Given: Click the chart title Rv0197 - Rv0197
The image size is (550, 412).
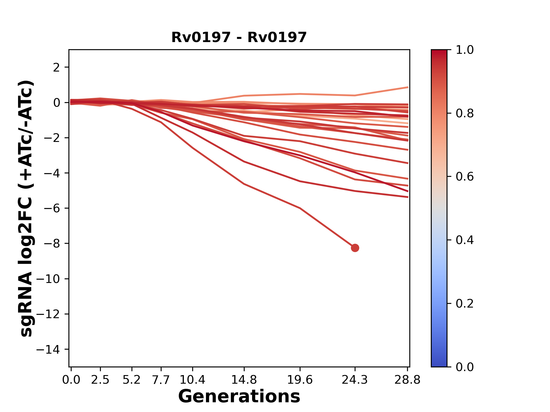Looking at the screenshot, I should [239, 37].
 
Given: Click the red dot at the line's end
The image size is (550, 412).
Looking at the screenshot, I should [355, 248].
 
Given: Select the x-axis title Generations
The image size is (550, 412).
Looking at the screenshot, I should [239, 397].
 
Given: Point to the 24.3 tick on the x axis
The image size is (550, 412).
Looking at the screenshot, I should [355, 380].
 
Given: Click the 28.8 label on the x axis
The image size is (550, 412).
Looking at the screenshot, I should [407, 380].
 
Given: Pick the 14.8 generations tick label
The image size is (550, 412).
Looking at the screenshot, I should [244, 380].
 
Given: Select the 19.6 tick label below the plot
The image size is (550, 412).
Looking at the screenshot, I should [300, 380].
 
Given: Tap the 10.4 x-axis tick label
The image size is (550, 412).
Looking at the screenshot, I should [192, 380].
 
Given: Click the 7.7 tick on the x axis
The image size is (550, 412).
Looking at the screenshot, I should [161, 380].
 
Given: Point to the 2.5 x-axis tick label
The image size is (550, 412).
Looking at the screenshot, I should [100, 380].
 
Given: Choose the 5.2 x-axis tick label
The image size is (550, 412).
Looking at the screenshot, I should [132, 380].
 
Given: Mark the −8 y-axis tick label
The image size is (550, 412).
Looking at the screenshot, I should [52, 243].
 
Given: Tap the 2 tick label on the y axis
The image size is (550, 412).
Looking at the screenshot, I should [56, 67].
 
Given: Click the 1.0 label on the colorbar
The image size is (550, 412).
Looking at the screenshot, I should [465, 50].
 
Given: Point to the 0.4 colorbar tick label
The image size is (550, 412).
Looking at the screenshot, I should [465, 240].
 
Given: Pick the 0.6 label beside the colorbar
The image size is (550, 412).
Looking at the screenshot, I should [465, 177].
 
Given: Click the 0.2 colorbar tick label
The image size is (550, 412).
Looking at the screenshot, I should [465, 304].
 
